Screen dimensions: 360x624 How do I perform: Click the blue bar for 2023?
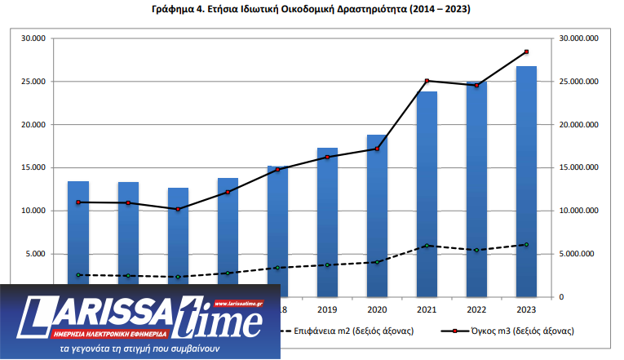point(526,180)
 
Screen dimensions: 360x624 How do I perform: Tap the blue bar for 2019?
point(327,220)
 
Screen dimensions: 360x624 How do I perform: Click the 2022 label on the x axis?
point(476,310)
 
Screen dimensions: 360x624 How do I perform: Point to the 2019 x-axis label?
point(327,310)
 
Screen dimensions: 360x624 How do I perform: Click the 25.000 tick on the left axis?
point(33,82)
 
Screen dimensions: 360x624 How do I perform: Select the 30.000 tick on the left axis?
point(33,38)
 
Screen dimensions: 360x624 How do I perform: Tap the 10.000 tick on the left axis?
point(33,211)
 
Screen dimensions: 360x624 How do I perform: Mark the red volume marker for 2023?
point(527,52)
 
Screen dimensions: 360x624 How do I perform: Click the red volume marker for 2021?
point(427,81)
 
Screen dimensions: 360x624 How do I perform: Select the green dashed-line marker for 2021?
point(427,246)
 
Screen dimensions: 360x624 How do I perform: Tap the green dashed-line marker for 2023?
point(527,244)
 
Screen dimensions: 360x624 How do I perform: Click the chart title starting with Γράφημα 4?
point(311,10)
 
